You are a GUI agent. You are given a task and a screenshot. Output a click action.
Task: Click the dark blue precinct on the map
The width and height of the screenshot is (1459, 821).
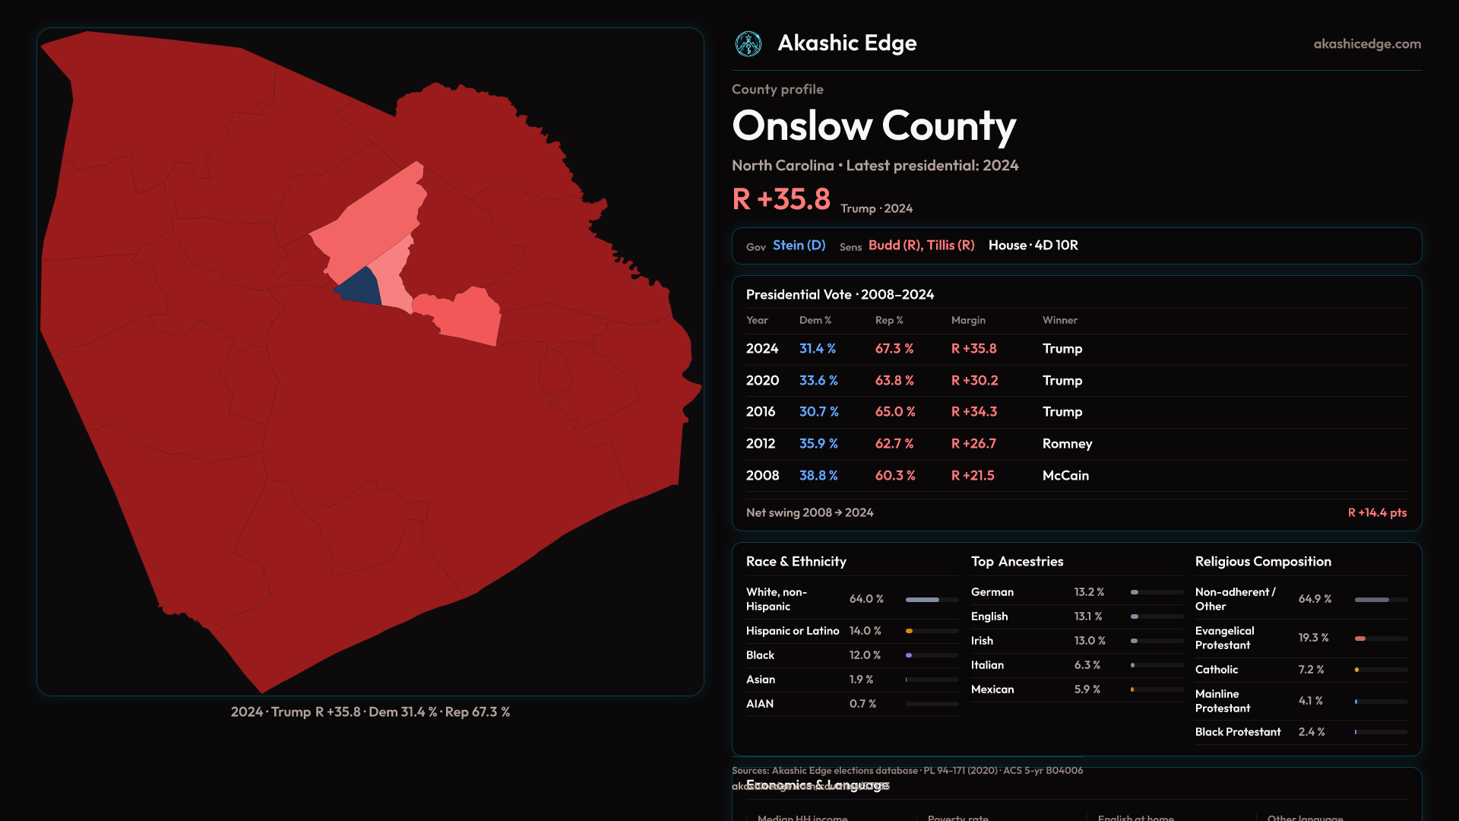359,288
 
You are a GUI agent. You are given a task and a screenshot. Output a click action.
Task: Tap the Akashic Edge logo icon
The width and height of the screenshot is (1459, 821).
748,44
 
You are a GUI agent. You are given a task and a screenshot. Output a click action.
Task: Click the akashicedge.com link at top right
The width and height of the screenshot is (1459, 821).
1366,44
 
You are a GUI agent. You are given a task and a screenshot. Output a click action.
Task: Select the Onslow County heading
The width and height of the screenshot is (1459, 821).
873,126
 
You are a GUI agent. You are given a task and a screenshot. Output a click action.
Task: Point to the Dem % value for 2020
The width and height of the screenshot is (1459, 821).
818,380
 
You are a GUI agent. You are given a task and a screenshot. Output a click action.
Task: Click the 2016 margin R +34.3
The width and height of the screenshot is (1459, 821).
973,411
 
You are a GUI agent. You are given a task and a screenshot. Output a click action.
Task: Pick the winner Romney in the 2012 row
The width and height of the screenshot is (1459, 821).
1067,443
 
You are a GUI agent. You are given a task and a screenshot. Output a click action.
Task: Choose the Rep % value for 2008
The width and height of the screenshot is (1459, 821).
894,475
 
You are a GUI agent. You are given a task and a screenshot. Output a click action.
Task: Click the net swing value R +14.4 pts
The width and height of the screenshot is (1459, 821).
1376,512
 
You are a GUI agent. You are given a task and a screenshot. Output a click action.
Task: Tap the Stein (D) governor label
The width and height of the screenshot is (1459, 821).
799,246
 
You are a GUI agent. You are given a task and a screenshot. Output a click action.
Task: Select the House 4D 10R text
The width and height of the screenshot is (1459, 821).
1033,246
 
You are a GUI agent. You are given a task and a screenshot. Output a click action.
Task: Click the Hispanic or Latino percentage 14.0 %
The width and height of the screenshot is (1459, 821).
865,631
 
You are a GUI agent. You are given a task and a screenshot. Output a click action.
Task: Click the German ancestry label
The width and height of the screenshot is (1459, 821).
992,592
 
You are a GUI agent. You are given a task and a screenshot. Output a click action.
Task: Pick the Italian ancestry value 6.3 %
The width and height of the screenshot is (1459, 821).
1087,665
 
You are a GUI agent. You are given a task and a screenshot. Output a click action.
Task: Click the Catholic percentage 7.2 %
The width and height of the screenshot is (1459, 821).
1311,670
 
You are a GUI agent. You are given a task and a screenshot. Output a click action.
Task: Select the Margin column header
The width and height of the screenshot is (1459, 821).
967,320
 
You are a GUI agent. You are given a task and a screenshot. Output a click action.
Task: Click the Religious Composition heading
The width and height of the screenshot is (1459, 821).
1262,562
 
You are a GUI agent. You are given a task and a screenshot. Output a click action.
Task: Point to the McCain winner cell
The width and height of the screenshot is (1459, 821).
1065,475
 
